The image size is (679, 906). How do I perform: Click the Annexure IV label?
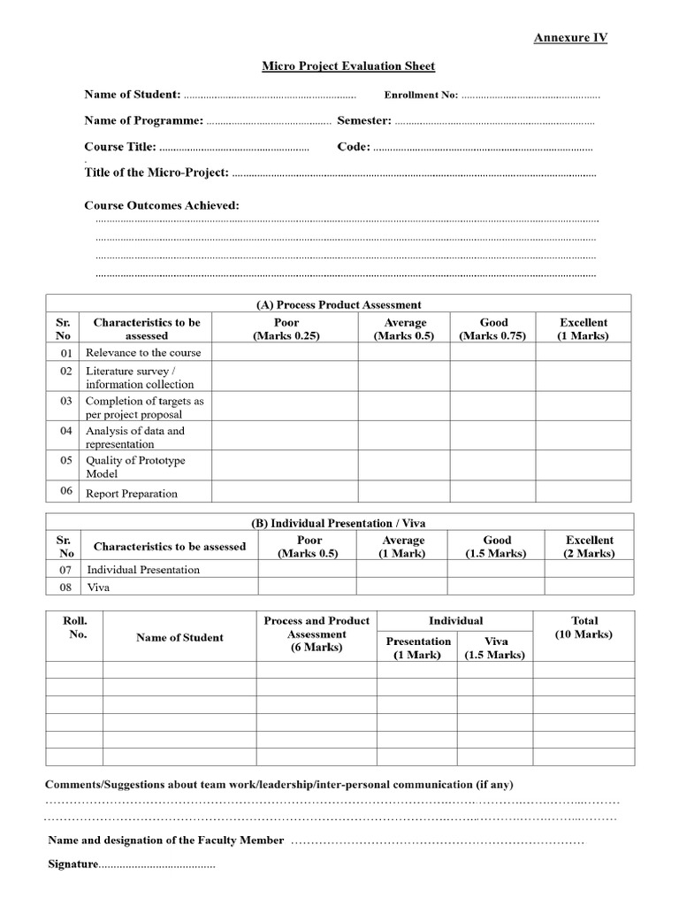[570, 37]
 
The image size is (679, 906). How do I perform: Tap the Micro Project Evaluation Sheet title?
[348, 66]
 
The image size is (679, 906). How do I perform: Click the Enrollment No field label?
[421, 96]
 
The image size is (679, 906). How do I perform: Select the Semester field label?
[363, 120]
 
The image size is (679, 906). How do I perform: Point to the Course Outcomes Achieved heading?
[162, 205]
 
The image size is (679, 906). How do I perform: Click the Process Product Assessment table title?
[339, 304]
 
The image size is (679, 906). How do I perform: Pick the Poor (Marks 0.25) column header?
[286, 329]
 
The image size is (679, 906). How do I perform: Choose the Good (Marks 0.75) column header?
[493, 329]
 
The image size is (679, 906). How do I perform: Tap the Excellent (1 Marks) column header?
[584, 329]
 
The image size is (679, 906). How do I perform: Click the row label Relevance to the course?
[143, 352]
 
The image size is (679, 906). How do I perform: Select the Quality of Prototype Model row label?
[135, 467]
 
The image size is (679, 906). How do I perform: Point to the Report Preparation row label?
[132, 494]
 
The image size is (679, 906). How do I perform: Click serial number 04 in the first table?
[65, 431]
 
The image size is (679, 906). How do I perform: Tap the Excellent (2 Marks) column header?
[589, 547]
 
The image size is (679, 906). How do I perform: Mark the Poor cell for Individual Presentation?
[308, 570]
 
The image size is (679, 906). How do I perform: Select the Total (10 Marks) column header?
[584, 627]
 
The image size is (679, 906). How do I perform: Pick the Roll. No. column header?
[75, 627]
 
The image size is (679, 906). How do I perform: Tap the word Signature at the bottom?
[72, 864]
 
